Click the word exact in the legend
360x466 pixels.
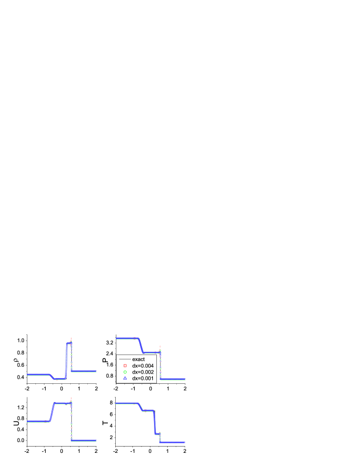(138, 359)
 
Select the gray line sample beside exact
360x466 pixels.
(124, 359)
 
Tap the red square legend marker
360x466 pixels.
(124, 366)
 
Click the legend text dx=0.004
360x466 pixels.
(143, 366)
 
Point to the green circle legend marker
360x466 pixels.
(124, 372)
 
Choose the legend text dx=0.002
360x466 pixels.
(143, 372)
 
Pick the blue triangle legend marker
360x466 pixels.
(124, 378)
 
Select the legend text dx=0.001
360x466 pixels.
(143, 378)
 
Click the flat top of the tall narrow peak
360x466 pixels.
(68, 343)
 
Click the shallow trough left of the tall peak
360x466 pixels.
(56, 379)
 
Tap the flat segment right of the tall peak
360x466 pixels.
(84, 371)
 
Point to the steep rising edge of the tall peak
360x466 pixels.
(65, 359)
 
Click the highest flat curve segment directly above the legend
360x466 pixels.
(126, 338)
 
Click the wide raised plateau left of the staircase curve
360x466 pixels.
(62, 403)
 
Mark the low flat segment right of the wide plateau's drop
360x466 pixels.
(84, 440)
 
